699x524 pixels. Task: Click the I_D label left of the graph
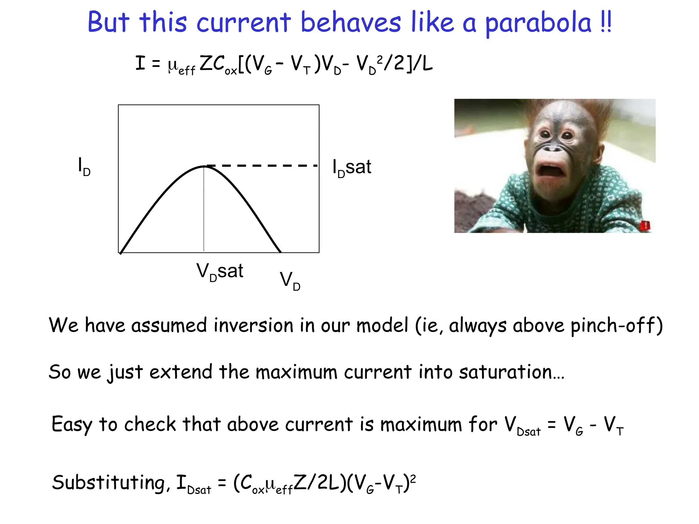[x=84, y=166]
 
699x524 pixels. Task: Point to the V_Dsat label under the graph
[x=219, y=272]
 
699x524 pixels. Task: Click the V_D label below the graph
[x=290, y=280]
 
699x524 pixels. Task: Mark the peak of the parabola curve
[x=204, y=166]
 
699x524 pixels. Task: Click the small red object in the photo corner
[x=645, y=225]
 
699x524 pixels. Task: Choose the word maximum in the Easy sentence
[x=421, y=425]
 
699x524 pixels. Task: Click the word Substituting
[x=109, y=483]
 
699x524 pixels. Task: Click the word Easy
[x=72, y=425]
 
